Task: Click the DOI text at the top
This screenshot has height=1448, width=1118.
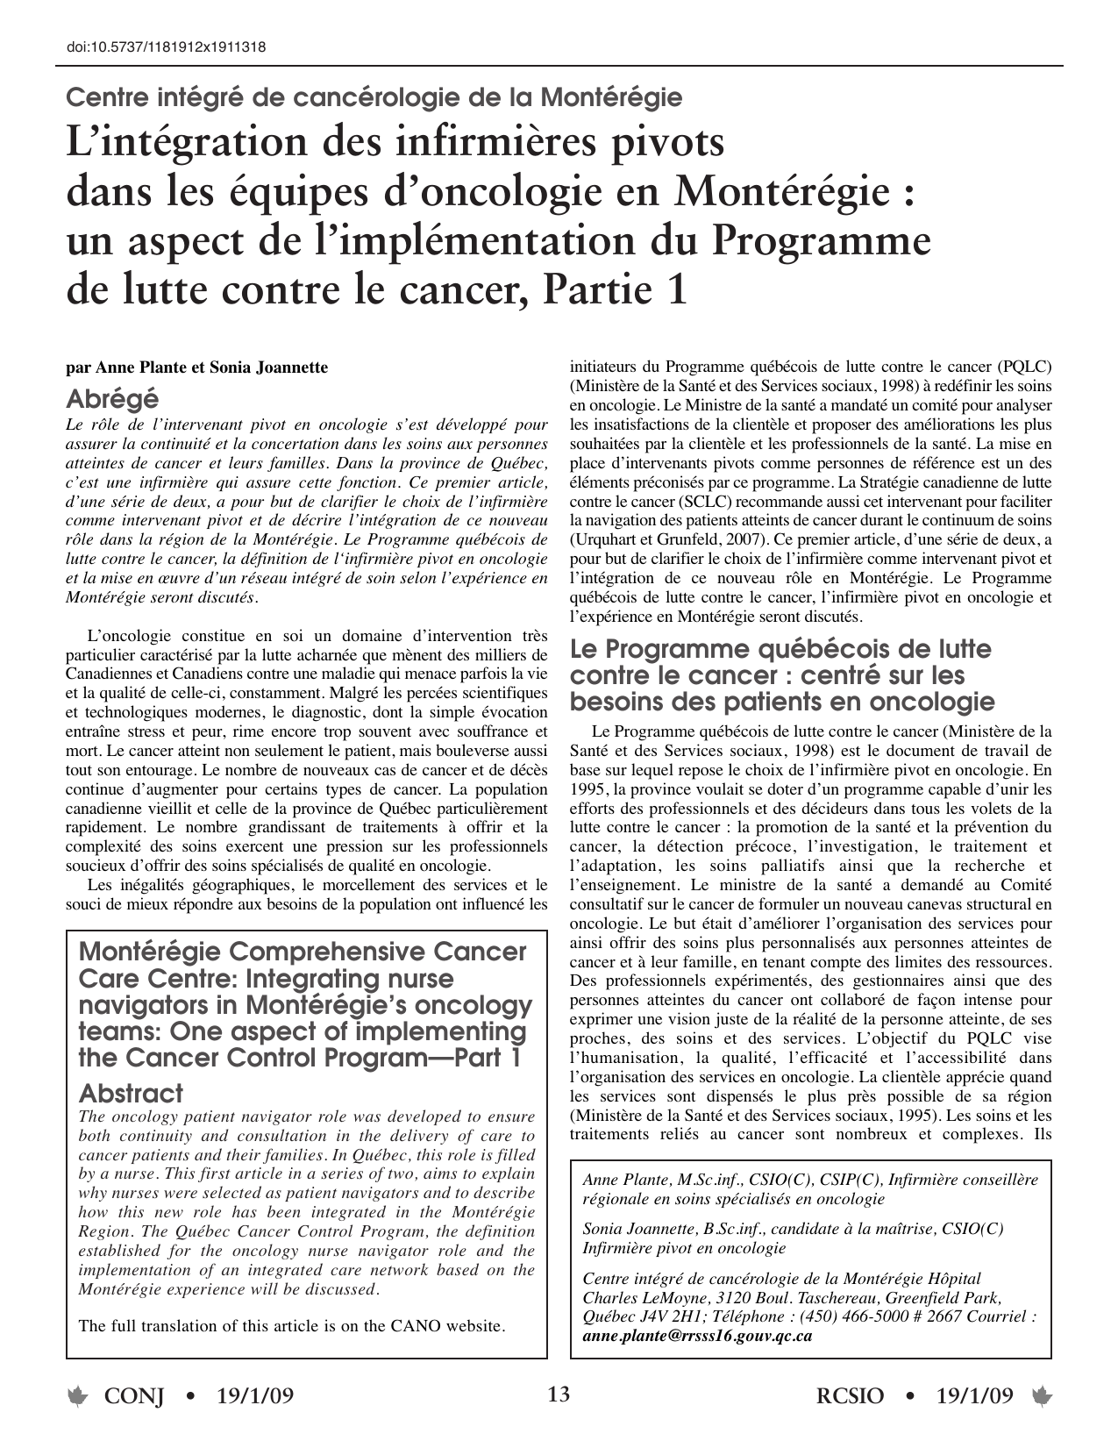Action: (x=166, y=48)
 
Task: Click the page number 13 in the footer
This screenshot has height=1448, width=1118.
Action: (x=559, y=1394)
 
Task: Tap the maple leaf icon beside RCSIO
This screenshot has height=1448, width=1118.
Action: (x=1042, y=1396)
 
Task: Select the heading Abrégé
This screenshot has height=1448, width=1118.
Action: (x=112, y=399)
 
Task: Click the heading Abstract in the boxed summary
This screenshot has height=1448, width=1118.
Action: (x=131, y=1094)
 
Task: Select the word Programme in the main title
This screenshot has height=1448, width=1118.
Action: (x=819, y=241)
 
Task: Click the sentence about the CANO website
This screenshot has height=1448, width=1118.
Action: (x=292, y=1325)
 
